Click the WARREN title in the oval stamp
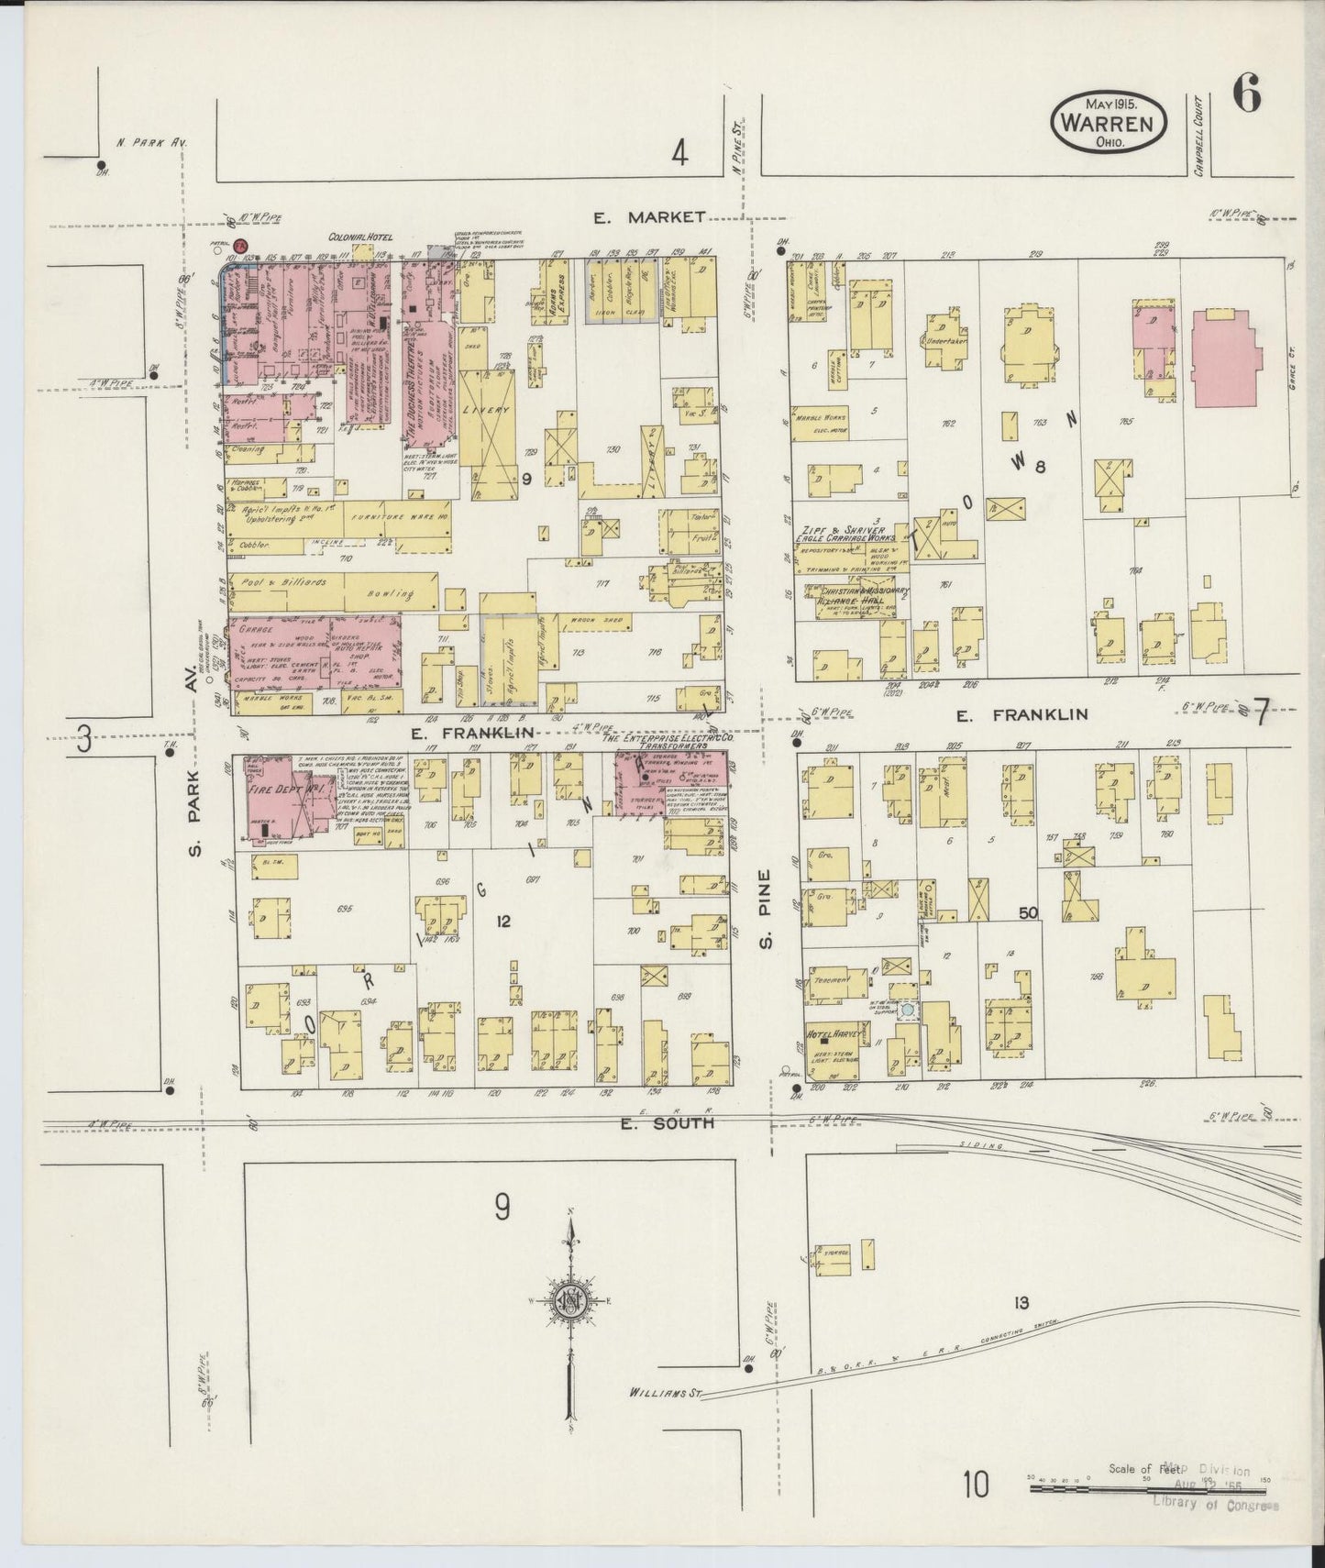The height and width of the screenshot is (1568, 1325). tap(1110, 120)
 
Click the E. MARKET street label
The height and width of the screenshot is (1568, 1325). tap(649, 217)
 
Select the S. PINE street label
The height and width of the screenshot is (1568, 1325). tap(766, 908)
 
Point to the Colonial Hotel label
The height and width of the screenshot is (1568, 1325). tap(360, 237)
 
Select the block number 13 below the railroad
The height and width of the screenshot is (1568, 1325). tap(1021, 1303)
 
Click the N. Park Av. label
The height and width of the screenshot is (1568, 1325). tap(151, 143)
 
